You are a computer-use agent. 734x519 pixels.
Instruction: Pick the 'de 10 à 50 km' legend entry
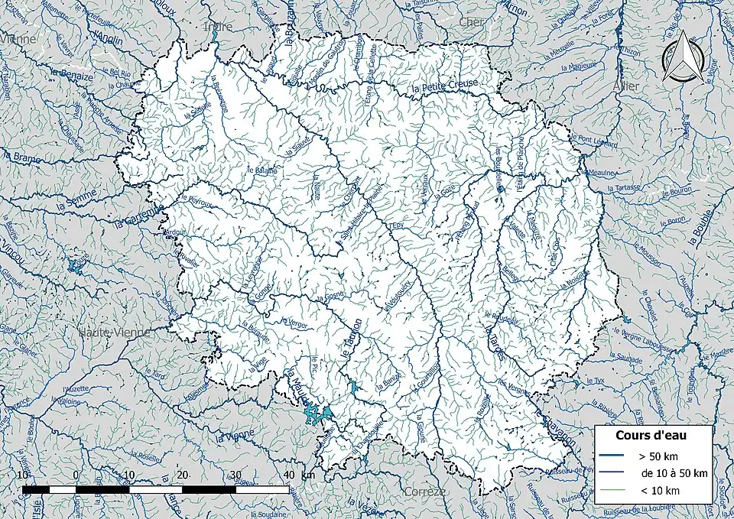coord(674,473)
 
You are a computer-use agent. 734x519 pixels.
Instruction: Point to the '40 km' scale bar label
coord(297,475)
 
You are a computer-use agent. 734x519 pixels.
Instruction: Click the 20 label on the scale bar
coord(183,475)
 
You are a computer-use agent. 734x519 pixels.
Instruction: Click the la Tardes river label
coord(495,342)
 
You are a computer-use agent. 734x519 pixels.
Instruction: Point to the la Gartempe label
coord(138,218)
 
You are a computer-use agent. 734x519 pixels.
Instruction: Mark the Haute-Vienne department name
coord(114,332)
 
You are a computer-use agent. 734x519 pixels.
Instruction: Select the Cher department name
coord(471,22)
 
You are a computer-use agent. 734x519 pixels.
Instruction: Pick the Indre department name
coord(218,27)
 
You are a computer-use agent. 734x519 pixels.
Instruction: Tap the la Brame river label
coord(21,157)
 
